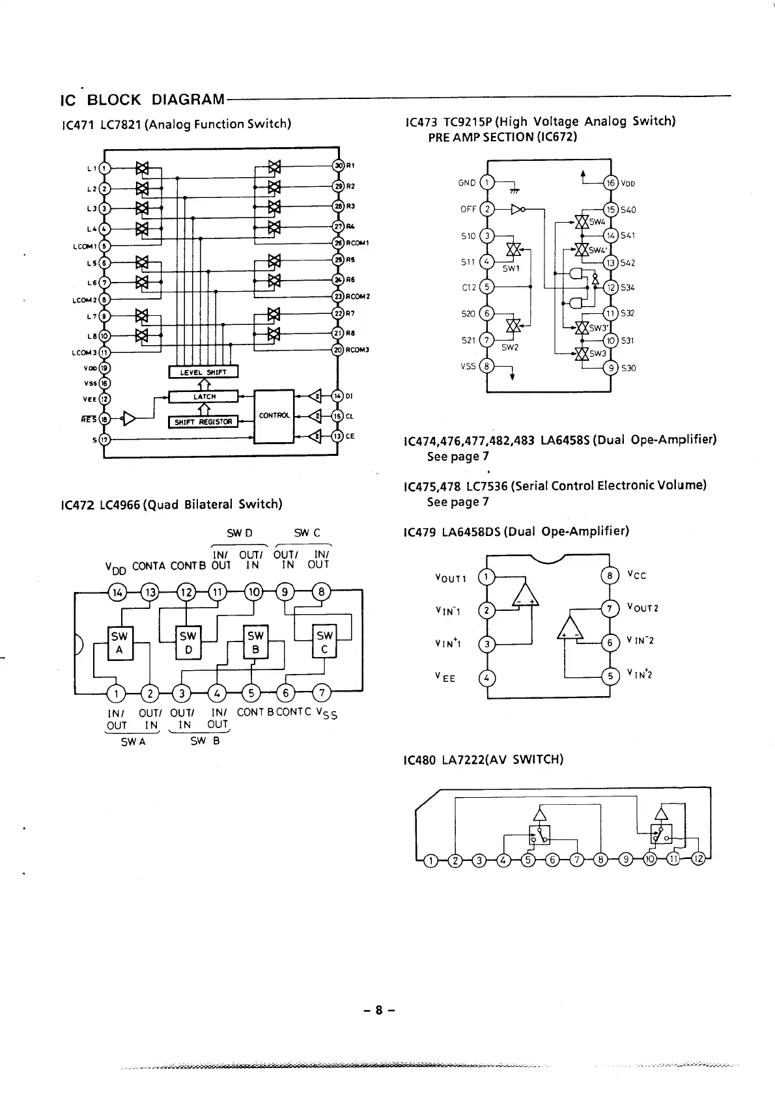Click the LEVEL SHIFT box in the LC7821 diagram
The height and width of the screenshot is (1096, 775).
tap(203, 372)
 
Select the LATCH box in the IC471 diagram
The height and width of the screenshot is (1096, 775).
tap(204, 397)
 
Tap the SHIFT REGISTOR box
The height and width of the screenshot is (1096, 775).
tap(203, 421)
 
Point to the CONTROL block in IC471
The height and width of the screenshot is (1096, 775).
tap(274, 415)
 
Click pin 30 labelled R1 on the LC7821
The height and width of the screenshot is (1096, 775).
tap(338, 165)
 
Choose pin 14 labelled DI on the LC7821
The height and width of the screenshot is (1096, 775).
tap(337, 396)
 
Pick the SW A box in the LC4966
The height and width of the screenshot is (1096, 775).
tap(120, 643)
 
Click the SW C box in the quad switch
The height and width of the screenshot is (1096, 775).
tap(324, 643)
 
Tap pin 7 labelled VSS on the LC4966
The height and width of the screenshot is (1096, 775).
tap(321, 692)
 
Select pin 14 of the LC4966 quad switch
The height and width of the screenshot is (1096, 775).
tap(117, 592)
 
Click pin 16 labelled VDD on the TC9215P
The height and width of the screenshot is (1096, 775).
tap(610, 183)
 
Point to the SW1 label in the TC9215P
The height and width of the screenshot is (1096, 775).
tap(511, 268)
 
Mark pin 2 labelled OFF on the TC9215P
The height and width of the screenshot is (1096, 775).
tap(486, 209)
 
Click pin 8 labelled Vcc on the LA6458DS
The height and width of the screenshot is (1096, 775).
tap(610, 576)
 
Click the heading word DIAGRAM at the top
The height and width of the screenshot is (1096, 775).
tap(188, 100)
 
